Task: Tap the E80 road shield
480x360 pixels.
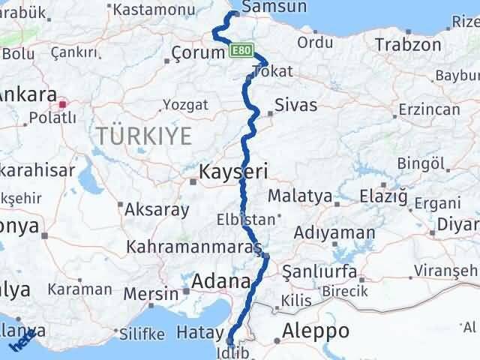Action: (240, 50)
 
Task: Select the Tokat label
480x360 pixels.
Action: (272, 71)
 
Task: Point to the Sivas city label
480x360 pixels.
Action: (295, 105)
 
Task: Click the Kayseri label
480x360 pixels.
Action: (233, 172)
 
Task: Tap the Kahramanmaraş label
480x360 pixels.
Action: (193, 246)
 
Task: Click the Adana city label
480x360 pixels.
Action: (221, 282)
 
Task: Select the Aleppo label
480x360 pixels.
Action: (315, 331)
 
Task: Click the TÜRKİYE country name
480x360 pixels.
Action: (143, 136)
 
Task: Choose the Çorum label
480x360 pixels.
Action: (198, 53)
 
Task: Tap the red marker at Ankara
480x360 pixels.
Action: (64, 104)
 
